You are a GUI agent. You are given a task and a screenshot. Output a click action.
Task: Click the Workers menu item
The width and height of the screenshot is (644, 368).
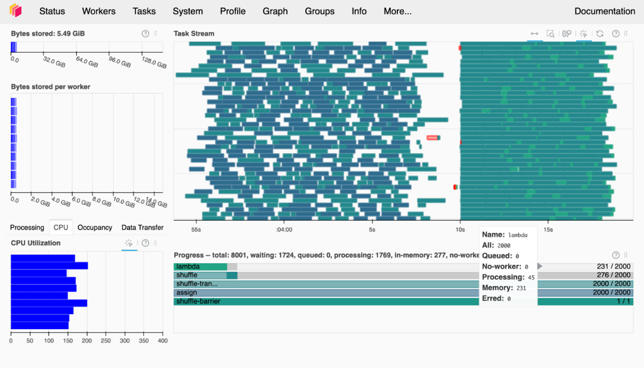(99, 11)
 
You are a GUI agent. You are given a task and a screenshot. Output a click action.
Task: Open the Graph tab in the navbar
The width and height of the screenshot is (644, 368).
(275, 11)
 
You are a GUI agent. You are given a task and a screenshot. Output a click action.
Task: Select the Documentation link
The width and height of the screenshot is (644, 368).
(605, 11)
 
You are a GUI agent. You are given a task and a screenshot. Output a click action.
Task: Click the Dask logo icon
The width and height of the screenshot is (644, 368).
(16, 10)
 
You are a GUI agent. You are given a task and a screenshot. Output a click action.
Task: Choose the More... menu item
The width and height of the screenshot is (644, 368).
(397, 11)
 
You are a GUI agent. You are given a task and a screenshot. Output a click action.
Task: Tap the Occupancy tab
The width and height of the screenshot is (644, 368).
(95, 228)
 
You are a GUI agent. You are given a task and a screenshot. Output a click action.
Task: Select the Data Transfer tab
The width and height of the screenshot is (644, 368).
(142, 228)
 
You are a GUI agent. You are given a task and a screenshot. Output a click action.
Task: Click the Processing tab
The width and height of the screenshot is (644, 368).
(27, 228)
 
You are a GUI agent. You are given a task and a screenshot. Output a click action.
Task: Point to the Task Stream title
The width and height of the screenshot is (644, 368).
(194, 34)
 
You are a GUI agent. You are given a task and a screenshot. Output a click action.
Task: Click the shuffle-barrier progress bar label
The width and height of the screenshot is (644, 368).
(198, 301)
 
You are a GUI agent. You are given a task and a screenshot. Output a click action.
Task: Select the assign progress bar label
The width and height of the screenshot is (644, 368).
(186, 293)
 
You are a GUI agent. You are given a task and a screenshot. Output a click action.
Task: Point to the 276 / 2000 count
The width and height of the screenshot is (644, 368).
(613, 275)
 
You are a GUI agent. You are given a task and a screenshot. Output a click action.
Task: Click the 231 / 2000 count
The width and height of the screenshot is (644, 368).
(613, 267)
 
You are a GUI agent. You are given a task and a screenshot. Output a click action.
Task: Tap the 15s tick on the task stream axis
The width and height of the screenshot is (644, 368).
(548, 229)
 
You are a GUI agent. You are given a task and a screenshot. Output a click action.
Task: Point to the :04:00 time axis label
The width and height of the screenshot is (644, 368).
(284, 229)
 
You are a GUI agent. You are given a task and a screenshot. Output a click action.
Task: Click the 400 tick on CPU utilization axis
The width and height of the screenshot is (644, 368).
(162, 341)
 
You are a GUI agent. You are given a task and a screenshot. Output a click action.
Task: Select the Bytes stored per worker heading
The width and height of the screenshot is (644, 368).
(50, 87)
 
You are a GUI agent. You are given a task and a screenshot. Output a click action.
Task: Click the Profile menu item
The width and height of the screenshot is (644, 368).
(233, 11)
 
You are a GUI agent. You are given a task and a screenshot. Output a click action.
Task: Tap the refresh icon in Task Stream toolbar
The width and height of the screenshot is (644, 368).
(600, 34)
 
